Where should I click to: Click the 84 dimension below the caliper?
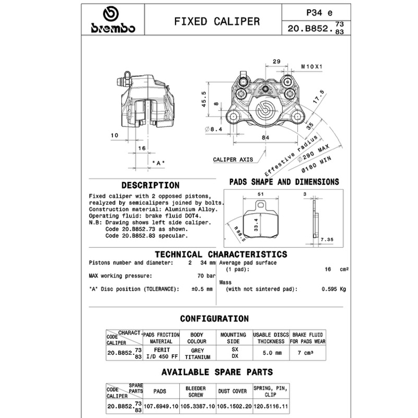(265, 137)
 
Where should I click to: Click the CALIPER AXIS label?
(233, 159)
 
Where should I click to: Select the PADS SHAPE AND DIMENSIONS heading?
(284, 182)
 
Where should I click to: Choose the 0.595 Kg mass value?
(333, 289)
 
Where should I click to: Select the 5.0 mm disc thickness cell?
(271, 353)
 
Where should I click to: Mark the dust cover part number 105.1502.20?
(234, 405)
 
